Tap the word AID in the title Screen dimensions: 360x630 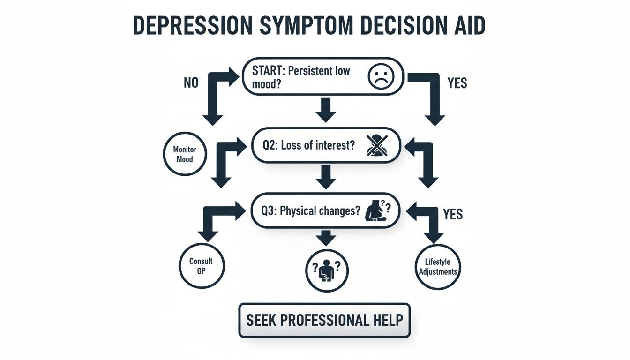465,27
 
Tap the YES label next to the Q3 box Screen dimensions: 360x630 452,214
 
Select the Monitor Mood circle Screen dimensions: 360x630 185,154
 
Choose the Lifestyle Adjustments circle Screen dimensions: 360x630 437,267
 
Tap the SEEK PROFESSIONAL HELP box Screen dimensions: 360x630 324,320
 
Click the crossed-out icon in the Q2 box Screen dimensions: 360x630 377,145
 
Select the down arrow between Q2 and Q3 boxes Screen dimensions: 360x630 324,178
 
